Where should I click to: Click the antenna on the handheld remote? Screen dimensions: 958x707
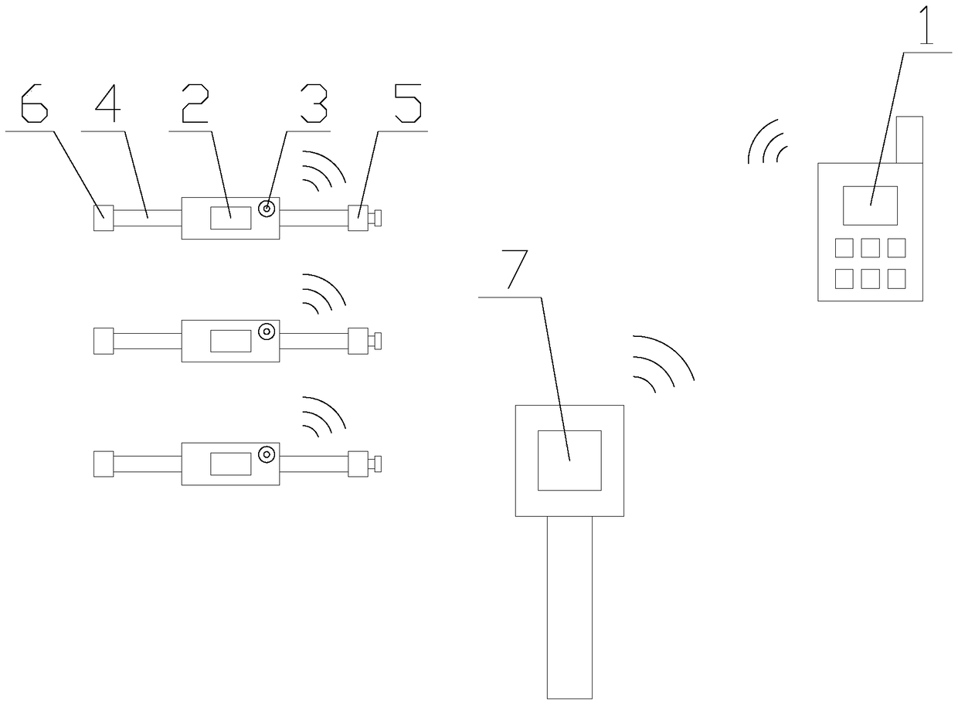(x=909, y=139)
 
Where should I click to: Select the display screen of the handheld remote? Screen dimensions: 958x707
(x=870, y=206)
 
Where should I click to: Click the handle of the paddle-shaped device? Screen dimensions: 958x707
(x=569, y=607)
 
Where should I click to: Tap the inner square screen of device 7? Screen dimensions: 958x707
(x=569, y=460)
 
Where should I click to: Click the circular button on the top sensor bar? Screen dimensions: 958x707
(x=267, y=209)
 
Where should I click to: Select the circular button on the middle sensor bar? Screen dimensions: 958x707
(x=267, y=331)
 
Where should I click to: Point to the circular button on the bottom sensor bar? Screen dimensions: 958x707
(x=267, y=454)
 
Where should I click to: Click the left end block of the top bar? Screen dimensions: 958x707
(x=104, y=218)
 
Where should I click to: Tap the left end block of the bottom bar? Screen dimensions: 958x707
(x=104, y=464)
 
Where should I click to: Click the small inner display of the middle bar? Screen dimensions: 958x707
(x=230, y=341)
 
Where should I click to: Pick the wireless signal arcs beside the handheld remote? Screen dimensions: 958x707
(x=767, y=144)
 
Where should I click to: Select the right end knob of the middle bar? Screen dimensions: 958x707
(x=377, y=341)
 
